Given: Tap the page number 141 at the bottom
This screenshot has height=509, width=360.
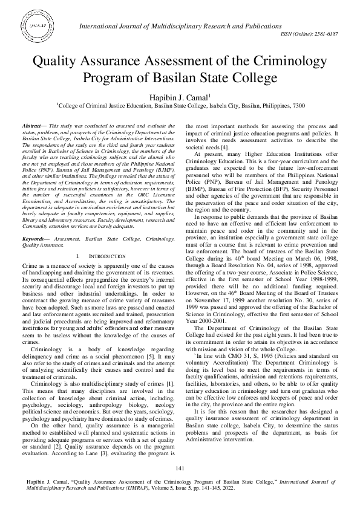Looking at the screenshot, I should point(180,469).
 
